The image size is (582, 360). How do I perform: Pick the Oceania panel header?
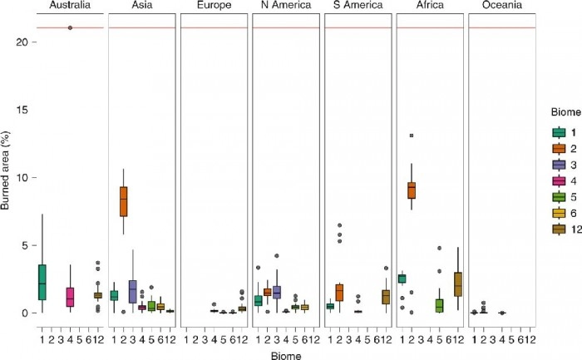(501, 7)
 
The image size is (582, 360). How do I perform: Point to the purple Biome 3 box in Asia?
(133, 291)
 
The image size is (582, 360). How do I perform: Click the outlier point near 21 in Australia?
(70, 27)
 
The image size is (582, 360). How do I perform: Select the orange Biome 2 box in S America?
(339, 293)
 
